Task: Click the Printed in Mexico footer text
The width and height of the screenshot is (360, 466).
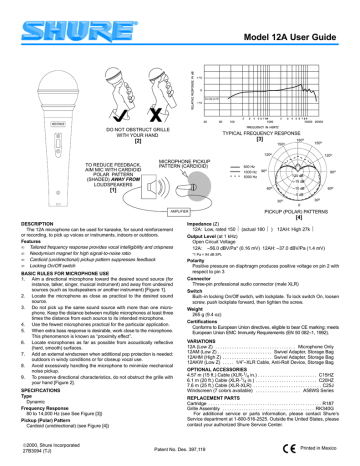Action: tap(322, 456)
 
